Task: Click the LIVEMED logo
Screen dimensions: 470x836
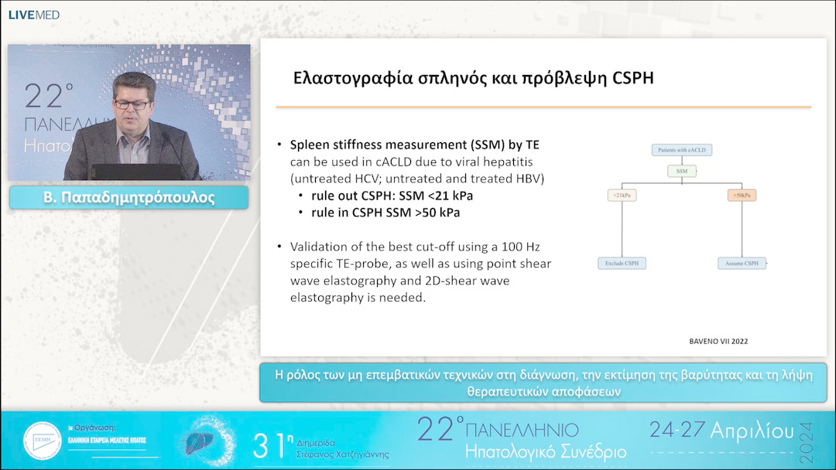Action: (33, 15)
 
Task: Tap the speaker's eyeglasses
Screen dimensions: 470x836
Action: (132, 103)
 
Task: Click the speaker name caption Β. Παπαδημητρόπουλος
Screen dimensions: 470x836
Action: (128, 198)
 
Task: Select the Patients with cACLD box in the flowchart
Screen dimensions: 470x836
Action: (681, 149)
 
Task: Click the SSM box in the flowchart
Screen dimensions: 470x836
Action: (681, 171)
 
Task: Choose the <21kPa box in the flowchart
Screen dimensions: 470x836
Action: (622, 196)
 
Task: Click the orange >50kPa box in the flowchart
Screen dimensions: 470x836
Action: (742, 196)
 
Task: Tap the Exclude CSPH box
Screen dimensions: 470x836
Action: (622, 264)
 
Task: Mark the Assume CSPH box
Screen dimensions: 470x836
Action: (742, 264)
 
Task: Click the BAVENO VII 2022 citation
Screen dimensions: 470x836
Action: (718, 341)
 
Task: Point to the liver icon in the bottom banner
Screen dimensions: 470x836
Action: (200, 442)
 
